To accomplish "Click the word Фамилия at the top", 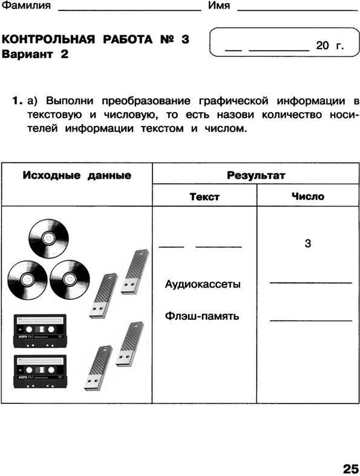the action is [x=26, y=5].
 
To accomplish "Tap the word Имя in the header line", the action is [x=219, y=5].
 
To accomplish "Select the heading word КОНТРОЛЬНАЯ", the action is [x=48, y=39].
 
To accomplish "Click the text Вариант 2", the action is [x=35, y=55].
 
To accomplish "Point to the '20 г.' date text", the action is [x=330, y=45].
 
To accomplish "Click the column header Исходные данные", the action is [x=77, y=176].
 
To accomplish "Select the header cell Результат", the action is [x=256, y=175].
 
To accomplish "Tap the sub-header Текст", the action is [x=205, y=197].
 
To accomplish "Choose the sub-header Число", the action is [x=308, y=196].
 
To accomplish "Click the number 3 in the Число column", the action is [x=308, y=243].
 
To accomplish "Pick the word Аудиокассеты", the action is [x=203, y=284].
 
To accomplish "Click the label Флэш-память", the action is [x=202, y=316].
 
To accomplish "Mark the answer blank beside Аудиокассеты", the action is [x=311, y=283].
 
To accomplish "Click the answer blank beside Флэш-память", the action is [x=311, y=320].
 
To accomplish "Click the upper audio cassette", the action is [x=40, y=331].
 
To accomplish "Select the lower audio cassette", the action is [x=41, y=372].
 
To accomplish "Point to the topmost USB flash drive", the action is [x=135, y=272].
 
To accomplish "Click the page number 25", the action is [x=350, y=469].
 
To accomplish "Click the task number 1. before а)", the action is [x=17, y=101].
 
